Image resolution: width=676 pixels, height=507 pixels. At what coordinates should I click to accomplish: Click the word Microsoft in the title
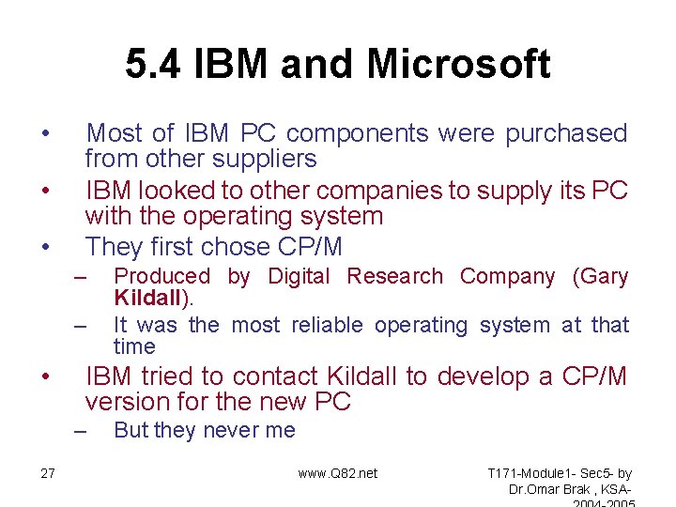point(458,65)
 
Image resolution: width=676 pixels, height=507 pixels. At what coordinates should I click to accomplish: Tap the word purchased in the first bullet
point(566,134)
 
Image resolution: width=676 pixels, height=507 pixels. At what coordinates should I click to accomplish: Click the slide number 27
point(48,473)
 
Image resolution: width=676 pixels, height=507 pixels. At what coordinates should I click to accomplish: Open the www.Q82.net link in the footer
point(338,473)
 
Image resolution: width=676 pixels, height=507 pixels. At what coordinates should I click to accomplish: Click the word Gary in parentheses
point(605,276)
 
